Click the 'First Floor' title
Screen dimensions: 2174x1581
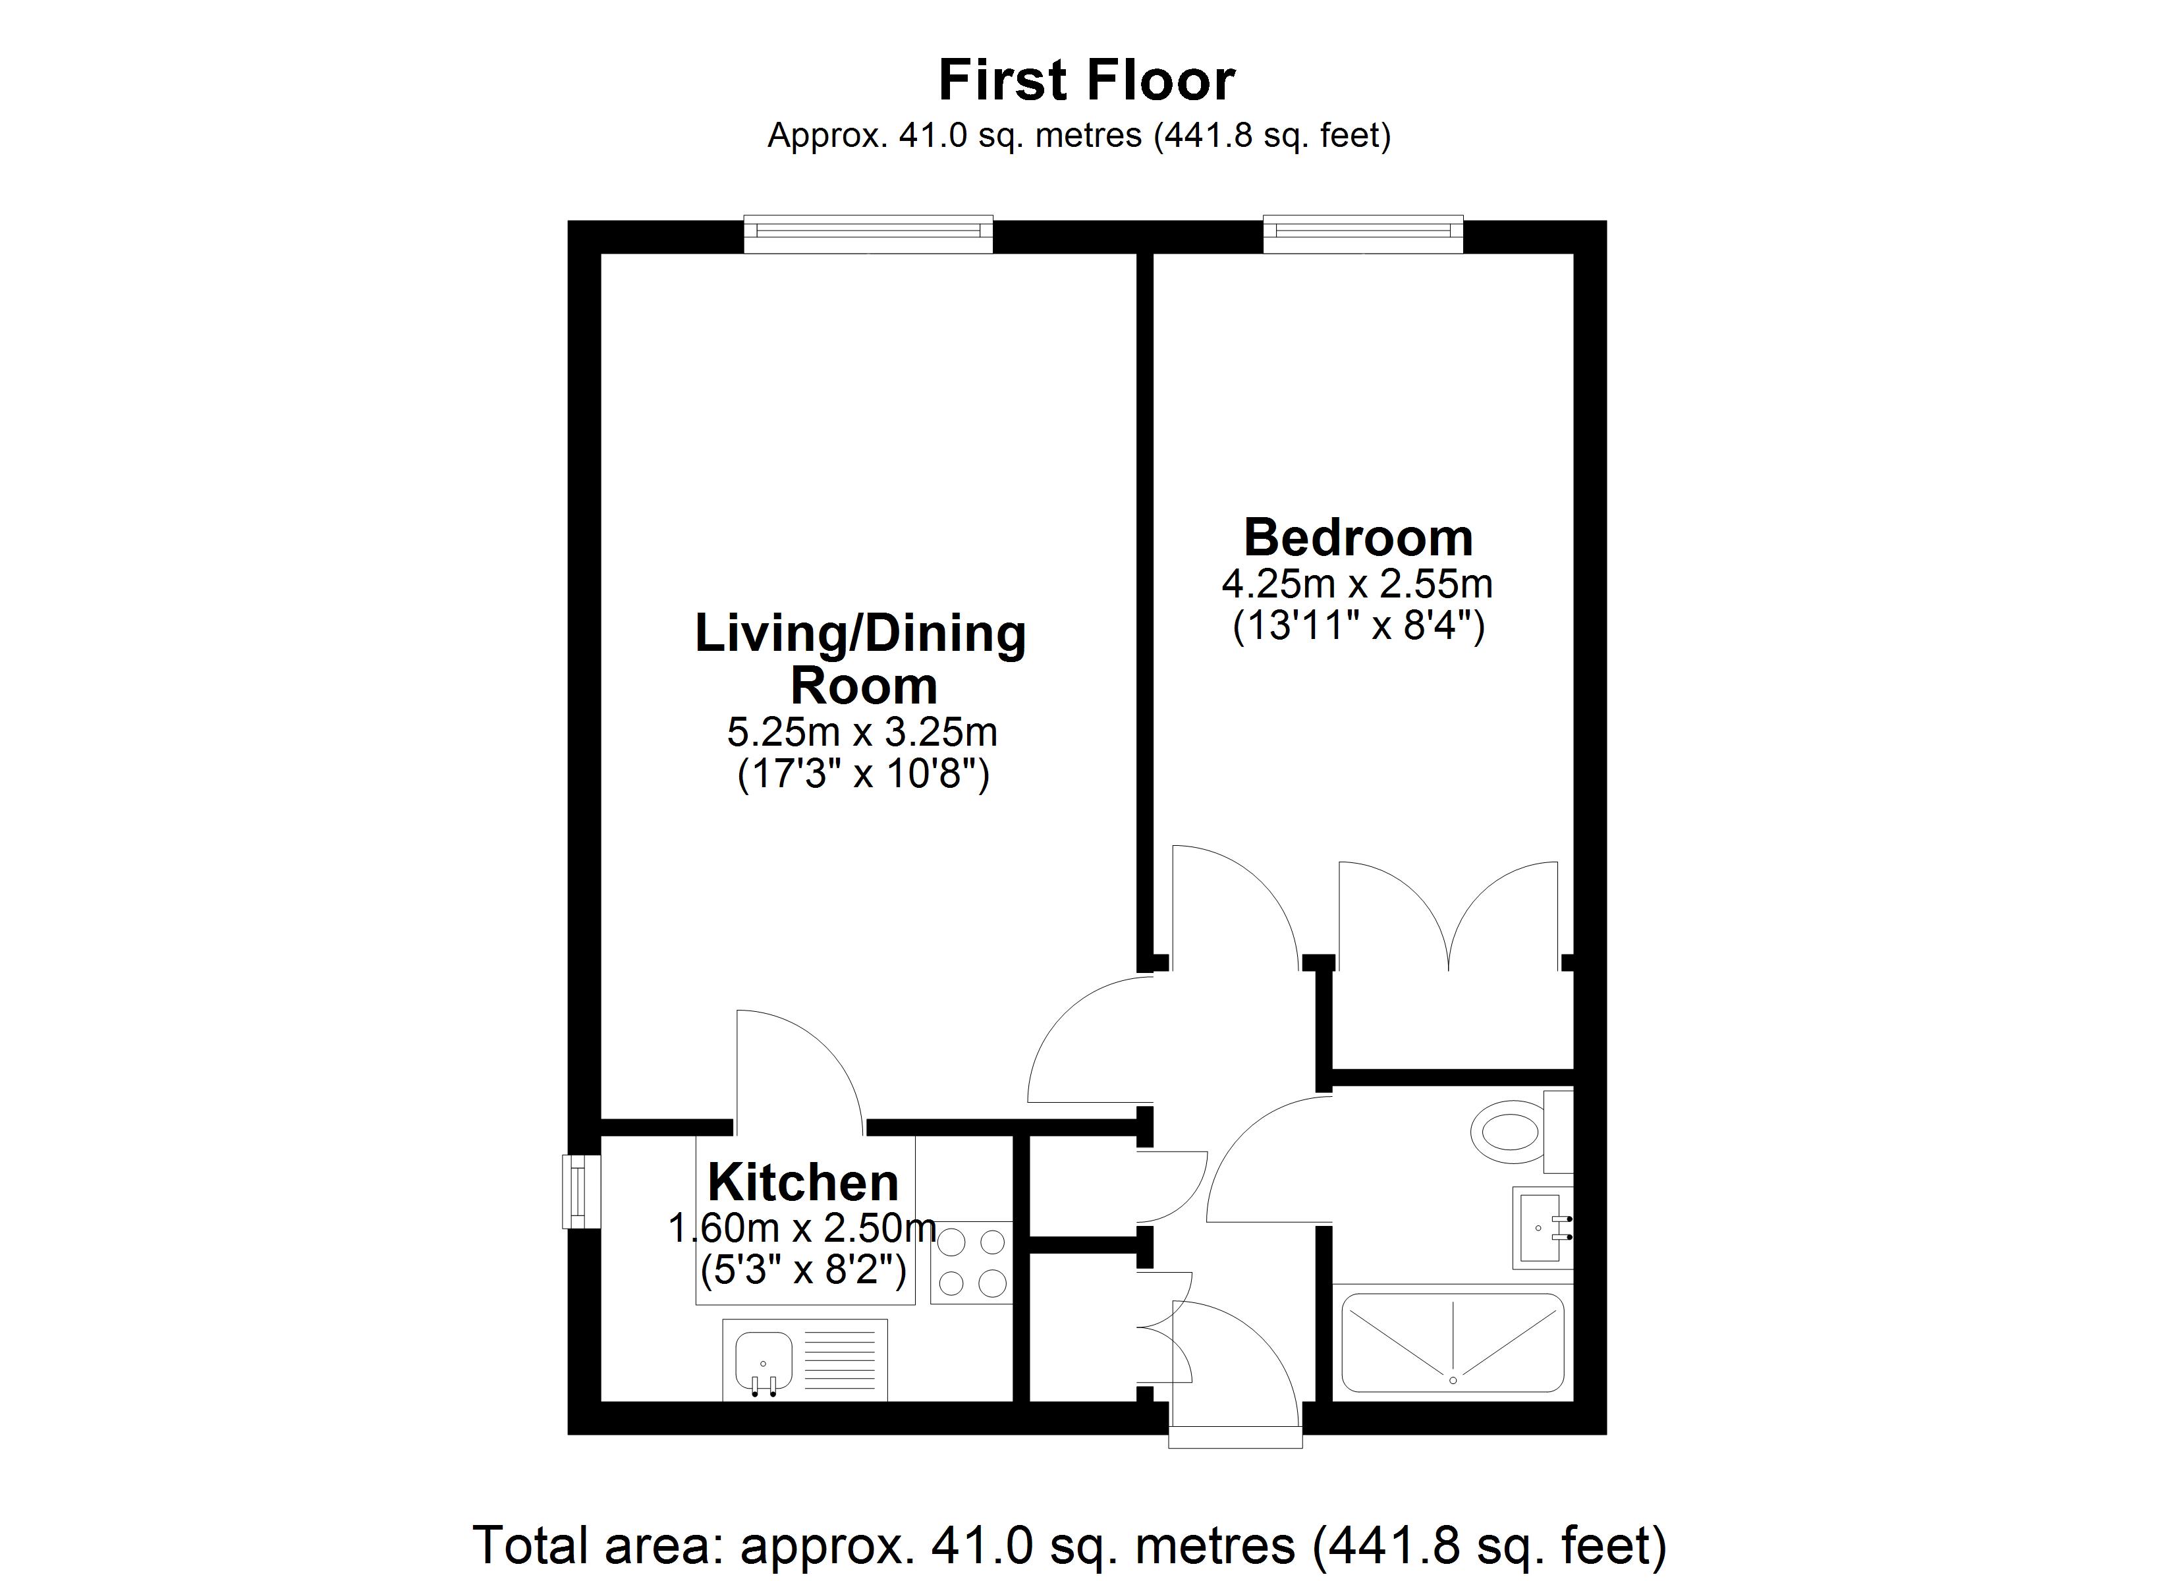1086,80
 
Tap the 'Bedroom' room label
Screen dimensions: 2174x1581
1358,537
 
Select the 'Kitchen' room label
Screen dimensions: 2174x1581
803,1182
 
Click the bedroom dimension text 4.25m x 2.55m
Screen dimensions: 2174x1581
1357,583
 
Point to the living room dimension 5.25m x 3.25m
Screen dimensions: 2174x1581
862,733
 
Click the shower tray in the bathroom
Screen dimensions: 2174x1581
1452,1343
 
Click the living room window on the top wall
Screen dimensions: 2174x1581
868,235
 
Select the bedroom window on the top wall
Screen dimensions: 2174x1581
1363,235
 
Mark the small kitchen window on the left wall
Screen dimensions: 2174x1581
581,1192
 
